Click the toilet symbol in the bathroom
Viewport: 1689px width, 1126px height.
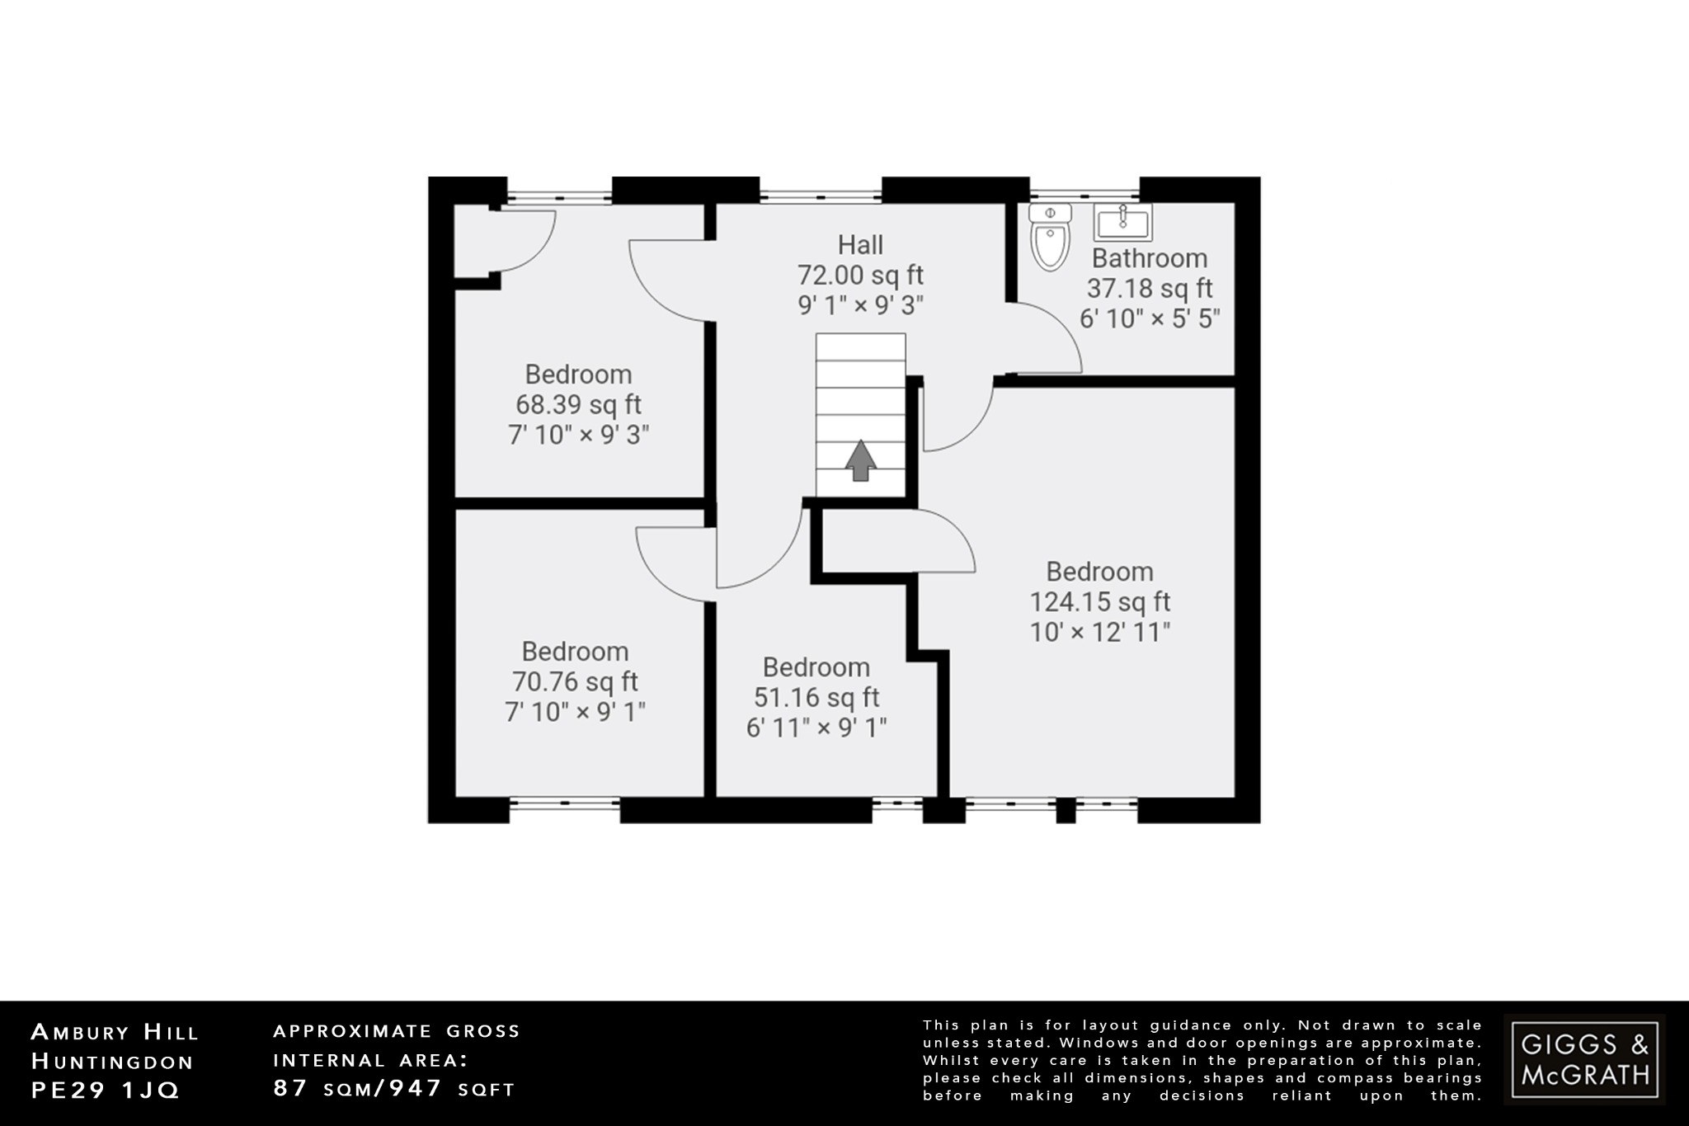[1050, 238]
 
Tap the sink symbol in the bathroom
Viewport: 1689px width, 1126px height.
[1122, 222]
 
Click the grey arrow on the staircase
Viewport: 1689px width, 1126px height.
[860, 460]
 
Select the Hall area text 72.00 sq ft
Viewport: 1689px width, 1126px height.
[860, 276]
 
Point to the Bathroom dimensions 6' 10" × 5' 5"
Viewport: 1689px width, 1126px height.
[1150, 319]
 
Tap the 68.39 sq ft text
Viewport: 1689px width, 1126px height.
[578, 405]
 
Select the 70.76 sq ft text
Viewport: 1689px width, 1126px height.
[575, 682]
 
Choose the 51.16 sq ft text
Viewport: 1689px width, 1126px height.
[816, 698]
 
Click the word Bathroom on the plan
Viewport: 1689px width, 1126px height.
[1150, 259]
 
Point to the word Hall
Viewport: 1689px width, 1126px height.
[860, 245]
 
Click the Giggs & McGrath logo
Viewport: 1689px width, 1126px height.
[1584, 1059]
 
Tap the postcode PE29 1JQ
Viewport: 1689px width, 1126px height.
[106, 1091]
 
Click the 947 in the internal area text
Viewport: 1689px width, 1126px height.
[416, 1088]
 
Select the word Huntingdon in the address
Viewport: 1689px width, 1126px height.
[112, 1062]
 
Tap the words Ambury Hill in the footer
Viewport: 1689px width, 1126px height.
[115, 1032]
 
